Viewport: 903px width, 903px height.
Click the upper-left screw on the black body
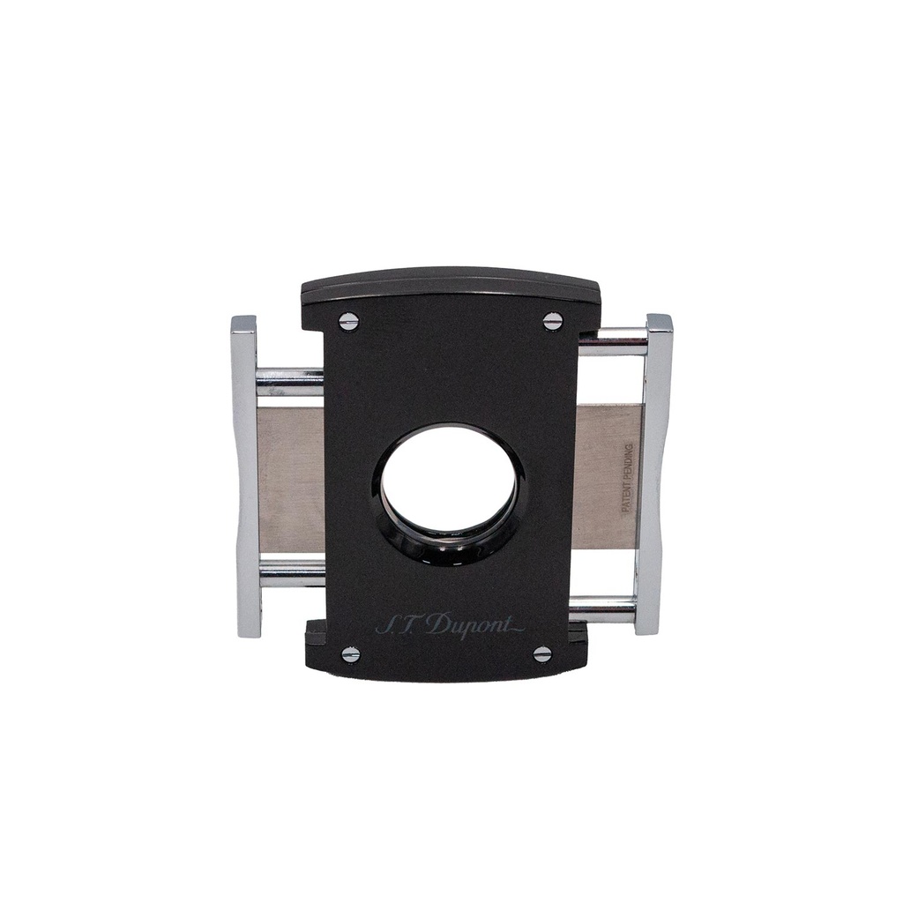349,322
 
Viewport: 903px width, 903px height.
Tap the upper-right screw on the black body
553,321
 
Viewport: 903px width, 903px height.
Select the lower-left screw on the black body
351,653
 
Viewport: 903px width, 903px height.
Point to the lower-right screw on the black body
542,653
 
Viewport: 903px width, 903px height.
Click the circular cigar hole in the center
449,481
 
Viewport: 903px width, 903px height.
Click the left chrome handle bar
246,476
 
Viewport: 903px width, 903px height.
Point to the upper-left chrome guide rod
289,382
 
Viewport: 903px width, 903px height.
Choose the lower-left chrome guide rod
291,573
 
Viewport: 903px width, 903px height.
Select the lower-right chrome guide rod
603,608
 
